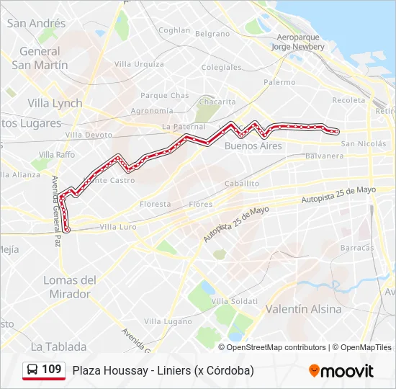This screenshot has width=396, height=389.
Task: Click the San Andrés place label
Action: point(36,23)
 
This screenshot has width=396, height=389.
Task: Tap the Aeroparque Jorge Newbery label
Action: point(297,42)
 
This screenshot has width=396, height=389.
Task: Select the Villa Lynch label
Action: point(55,103)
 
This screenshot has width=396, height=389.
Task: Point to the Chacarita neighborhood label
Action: point(217,102)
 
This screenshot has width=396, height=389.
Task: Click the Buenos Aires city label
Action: point(253,146)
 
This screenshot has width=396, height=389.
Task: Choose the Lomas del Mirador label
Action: point(70,287)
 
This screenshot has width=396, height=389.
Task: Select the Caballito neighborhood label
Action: point(241,184)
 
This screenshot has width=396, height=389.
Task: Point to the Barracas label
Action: point(358,247)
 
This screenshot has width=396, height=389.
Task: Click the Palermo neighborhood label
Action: point(279,82)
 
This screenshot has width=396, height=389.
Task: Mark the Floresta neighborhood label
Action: point(156,204)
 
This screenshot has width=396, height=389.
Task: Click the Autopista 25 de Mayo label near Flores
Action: point(235,224)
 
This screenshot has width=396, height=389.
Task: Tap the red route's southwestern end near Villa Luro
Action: point(67,229)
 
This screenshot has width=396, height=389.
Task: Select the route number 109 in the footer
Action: point(52,370)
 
